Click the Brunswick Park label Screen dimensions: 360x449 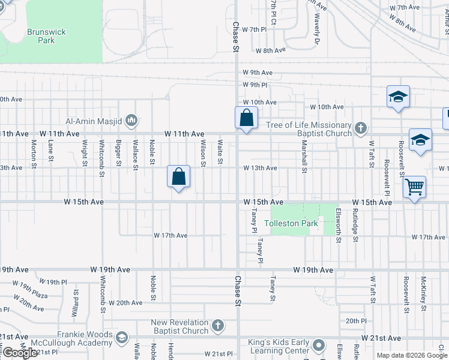(x=46, y=36)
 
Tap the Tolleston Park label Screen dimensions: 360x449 (x=283, y=223)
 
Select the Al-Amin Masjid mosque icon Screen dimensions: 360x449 (x=131, y=121)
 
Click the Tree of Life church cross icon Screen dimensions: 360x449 (x=360, y=128)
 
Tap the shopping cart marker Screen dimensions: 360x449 (x=414, y=187)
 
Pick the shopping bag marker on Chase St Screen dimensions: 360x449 (x=246, y=117)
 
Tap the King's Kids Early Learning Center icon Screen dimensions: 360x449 (x=318, y=346)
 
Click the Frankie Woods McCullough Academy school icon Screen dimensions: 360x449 (x=122, y=338)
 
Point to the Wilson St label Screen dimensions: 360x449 (x=203, y=153)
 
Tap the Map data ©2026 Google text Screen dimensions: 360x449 (x=412, y=355)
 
